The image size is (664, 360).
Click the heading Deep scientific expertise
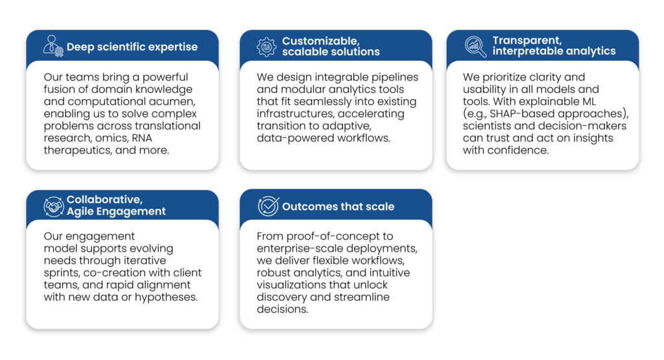[x=132, y=47]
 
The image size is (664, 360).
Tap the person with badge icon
[x=53, y=46]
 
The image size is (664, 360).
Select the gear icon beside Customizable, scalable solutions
[x=267, y=47]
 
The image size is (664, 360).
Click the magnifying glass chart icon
[x=475, y=46]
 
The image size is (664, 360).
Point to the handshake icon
[x=54, y=207]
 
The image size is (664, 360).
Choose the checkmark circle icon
[x=268, y=206]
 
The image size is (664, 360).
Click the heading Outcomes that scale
[x=338, y=207]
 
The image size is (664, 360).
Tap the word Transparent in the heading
[x=527, y=40]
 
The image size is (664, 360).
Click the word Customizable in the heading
[x=321, y=41]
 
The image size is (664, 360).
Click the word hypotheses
[x=166, y=297]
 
